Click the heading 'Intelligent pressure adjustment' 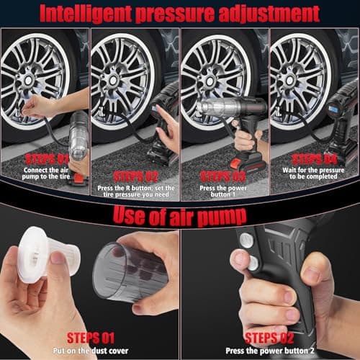[x=179, y=13]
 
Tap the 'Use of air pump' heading [x=180, y=215]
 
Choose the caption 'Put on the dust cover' [x=89, y=348]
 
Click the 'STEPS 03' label [x=222, y=176]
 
